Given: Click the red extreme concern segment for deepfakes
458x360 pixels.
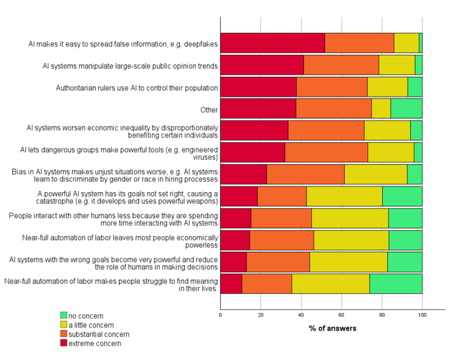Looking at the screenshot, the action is click(272, 43).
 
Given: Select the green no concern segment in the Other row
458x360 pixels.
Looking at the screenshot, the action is click(406, 109).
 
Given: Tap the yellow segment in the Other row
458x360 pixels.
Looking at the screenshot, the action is click(381, 109).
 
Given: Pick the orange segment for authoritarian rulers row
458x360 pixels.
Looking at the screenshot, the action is click(332, 87).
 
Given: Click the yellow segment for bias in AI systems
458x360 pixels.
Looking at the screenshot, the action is click(376, 174).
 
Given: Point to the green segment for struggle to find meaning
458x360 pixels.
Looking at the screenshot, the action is click(396, 284).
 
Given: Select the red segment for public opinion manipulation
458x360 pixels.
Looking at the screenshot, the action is click(262, 65).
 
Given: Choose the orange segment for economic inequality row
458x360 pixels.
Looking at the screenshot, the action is click(326, 130).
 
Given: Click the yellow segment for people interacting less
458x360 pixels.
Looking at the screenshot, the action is click(350, 218).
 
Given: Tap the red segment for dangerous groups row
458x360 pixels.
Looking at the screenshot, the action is click(253, 153).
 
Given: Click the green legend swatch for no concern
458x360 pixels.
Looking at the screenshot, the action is click(64, 315).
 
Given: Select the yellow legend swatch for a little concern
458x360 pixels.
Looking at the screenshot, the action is click(64, 324).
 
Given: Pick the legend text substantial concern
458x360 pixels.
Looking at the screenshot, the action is click(99, 335).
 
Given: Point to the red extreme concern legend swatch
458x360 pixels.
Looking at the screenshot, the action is click(64, 343).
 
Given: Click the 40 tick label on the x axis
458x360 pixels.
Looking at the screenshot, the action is click(301, 315).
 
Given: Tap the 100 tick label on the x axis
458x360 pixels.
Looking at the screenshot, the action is click(422, 315).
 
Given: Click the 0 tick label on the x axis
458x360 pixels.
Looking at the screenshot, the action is click(220, 315).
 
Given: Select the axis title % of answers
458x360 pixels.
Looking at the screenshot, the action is click(333, 328).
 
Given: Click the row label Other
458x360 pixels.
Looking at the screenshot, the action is click(209, 110).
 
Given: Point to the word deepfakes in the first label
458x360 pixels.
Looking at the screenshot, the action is click(200, 44).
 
